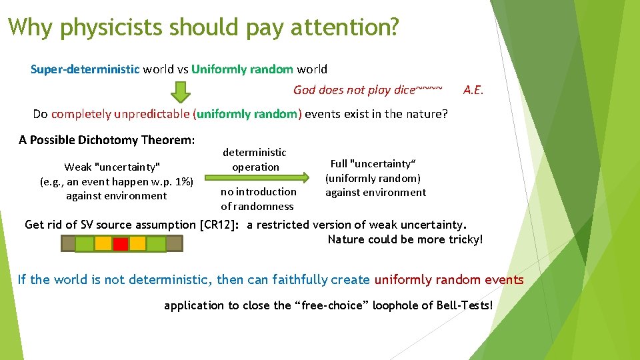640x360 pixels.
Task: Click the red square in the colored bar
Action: tap(121, 244)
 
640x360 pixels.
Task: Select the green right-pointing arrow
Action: tap(257, 178)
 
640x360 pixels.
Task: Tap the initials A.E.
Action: tap(473, 90)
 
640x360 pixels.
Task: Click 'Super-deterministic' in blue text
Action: tap(85, 69)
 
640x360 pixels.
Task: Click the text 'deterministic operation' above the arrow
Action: tap(255, 160)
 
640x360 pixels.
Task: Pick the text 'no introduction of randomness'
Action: tap(257, 199)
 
